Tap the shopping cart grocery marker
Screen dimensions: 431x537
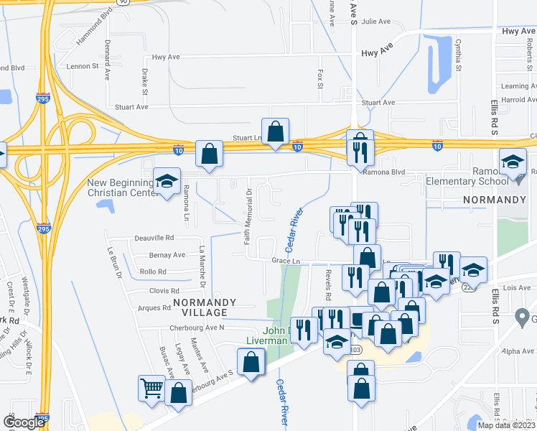[x=151, y=389]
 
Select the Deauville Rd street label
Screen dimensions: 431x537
[x=154, y=238]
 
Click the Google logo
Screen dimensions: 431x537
[x=24, y=422]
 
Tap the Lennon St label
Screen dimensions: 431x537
[x=83, y=66]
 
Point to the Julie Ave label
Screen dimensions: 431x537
[x=375, y=22]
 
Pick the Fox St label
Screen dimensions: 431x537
[x=320, y=75]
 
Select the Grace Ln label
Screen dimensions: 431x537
[x=285, y=261]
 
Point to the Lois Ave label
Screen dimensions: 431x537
[x=516, y=287]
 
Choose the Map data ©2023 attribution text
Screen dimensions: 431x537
[x=506, y=425]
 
